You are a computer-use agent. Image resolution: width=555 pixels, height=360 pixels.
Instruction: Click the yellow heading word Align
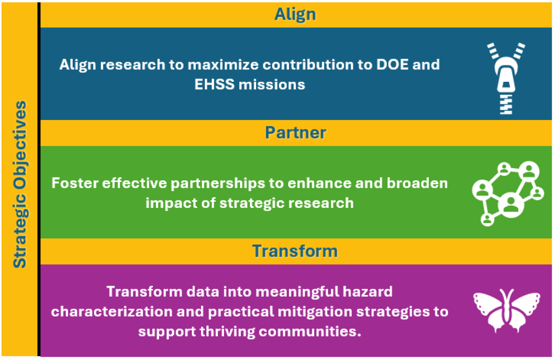pos(295,14)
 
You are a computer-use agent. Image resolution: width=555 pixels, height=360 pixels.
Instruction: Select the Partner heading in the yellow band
pos(295,133)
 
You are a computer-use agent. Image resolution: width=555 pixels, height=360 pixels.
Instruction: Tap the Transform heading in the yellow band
pos(295,251)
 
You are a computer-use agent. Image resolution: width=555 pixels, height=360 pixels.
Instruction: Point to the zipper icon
pos(506,78)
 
